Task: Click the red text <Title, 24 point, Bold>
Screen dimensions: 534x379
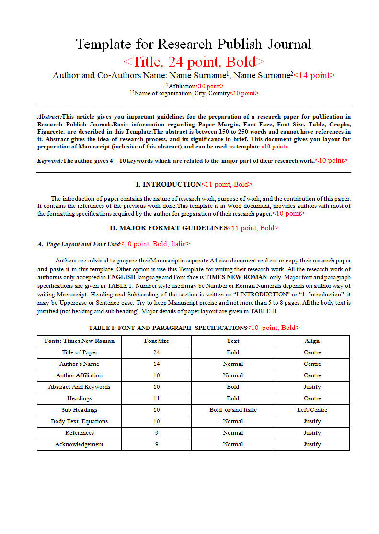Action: click(194, 62)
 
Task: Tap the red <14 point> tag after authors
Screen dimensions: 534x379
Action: click(314, 75)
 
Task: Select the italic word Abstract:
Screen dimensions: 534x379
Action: click(49, 117)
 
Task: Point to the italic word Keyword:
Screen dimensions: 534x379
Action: click(50, 161)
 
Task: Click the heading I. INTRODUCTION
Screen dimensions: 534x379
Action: click(169, 184)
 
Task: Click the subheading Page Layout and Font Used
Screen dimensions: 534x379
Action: click(83, 244)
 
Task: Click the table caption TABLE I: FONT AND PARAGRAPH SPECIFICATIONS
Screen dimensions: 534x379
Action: click(168, 328)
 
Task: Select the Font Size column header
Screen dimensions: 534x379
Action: click(156, 341)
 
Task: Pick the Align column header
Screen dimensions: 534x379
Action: click(312, 341)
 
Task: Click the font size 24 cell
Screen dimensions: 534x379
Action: click(156, 352)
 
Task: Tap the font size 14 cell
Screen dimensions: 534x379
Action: click(156, 364)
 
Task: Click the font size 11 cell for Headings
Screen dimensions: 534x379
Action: click(156, 398)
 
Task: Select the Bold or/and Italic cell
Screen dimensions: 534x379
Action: click(233, 410)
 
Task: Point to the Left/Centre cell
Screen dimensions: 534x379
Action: click(312, 410)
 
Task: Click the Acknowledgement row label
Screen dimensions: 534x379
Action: click(79, 444)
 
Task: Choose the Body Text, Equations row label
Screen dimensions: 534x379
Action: click(79, 421)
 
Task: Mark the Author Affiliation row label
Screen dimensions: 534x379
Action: click(79, 375)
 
